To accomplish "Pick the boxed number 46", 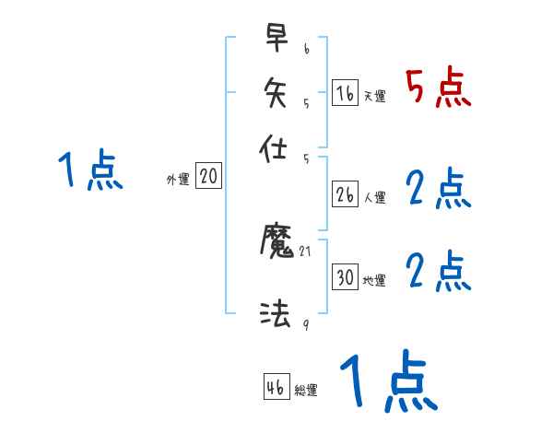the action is point(276,387).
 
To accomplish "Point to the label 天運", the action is point(375,96).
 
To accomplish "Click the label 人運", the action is point(375,197).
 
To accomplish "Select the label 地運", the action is point(375,281).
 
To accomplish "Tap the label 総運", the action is point(306,391).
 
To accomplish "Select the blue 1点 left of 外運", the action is point(90,171).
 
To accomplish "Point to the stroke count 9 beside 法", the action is point(306,324).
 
